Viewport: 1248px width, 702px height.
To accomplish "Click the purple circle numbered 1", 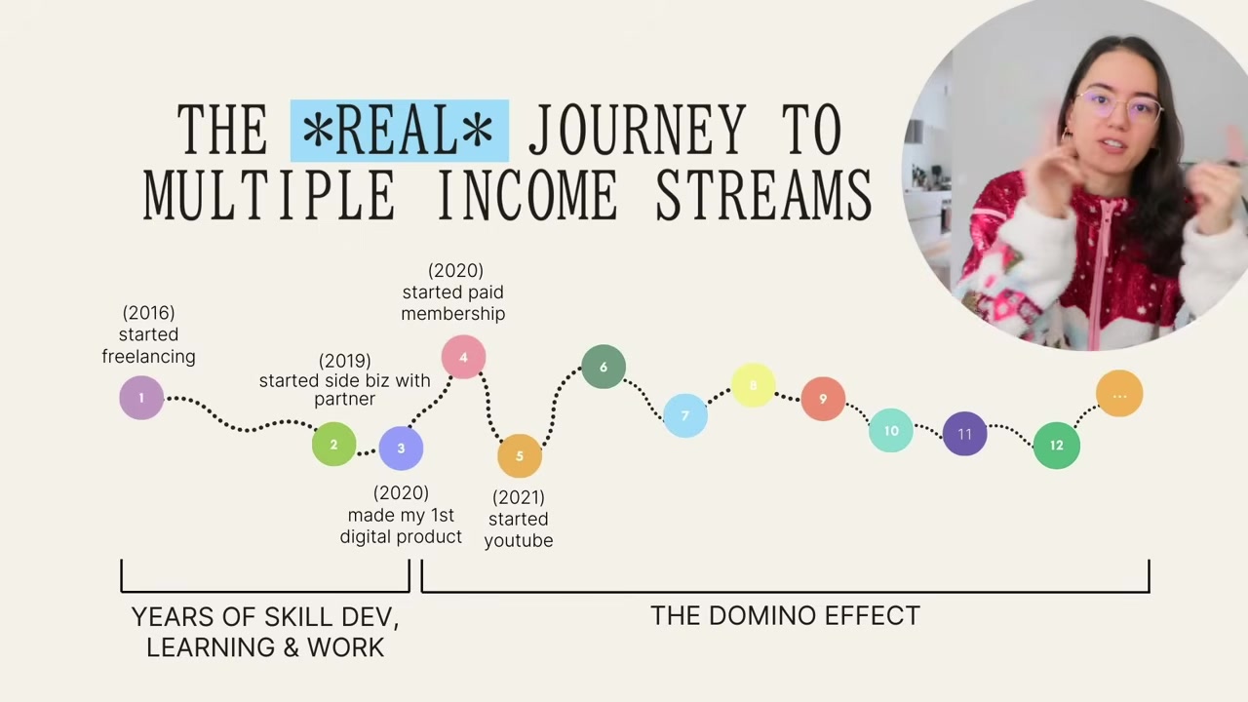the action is click(x=141, y=397).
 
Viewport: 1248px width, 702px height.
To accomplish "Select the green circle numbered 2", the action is click(x=333, y=444).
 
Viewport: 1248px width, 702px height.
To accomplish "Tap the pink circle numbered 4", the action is click(x=463, y=357).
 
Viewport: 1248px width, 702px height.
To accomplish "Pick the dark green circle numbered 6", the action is click(x=604, y=367).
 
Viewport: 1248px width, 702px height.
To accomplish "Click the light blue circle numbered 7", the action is click(x=685, y=415).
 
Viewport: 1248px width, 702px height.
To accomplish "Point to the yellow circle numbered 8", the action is click(x=754, y=385).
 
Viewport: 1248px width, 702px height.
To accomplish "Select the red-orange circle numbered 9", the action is click(x=823, y=399).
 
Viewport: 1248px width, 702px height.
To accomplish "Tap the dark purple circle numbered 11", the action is click(x=965, y=434).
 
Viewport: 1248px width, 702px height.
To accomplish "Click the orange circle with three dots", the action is click(x=1119, y=394).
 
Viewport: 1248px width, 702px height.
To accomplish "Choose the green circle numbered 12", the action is click(x=1056, y=446).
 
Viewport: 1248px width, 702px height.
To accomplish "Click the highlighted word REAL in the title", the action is click(x=399, y=131).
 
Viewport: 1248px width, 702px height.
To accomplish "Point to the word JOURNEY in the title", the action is click(x=637, y=130).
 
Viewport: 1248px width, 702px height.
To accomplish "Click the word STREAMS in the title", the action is click(x=763, y=196).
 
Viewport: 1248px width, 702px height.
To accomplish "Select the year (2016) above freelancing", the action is click(x=149, y=313).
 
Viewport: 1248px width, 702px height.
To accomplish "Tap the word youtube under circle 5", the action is click(x=519, y=541).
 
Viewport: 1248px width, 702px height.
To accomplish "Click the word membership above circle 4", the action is click(x=453, y=314).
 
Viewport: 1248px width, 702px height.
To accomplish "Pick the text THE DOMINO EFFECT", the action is click(x=785, y=616).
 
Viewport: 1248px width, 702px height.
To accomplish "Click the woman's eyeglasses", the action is click(x=1118, y=107).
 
